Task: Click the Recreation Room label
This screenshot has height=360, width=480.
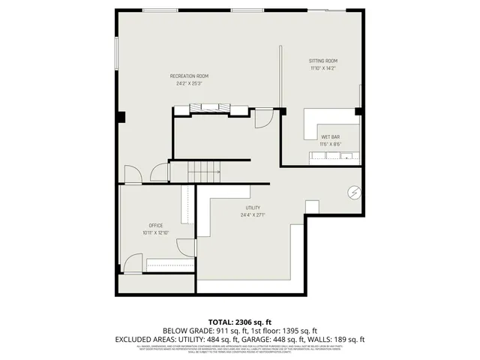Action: click(189, 76)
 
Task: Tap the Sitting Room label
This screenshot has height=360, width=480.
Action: click(323, 61)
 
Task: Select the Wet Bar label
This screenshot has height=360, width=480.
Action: click(331, 136)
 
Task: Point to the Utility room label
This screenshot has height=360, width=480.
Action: click(253, 208)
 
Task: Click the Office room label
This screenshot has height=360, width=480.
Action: click(155, 226)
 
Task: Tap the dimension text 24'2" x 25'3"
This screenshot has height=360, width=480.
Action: click(189, 83)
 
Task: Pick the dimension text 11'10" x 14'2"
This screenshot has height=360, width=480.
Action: click(323, 68)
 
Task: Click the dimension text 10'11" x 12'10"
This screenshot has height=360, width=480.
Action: click(155, 232)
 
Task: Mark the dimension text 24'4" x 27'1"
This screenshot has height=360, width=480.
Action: click(253, 214)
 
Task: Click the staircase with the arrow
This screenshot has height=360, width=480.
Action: click(203, 172)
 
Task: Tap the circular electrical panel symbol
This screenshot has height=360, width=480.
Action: click(353, 192)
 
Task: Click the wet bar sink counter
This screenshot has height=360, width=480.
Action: click(334, 156)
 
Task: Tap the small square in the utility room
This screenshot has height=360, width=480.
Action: click(312, 207)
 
